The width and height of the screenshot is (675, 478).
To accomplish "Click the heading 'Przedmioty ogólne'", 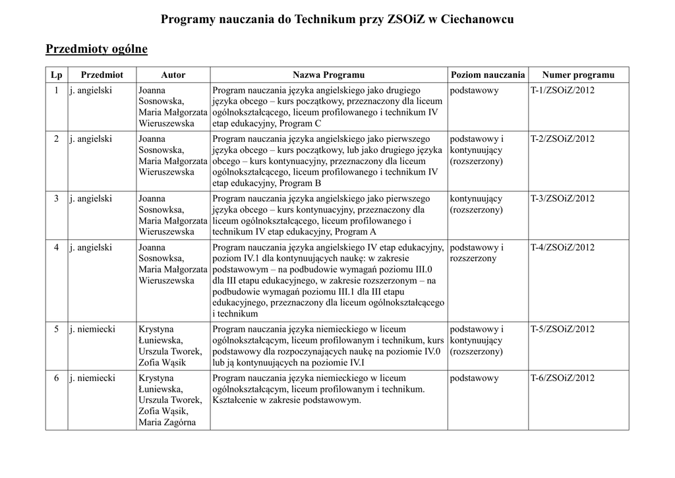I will click(x=96, y=49).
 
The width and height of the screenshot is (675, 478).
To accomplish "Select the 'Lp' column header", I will click(x=57, y=75).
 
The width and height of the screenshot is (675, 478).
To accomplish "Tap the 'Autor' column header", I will click(x=173, y=75).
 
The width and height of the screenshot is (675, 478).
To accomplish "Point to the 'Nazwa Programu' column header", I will click(x=328, y=75).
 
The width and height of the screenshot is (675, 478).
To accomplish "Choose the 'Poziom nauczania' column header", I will click(x=487, y=75).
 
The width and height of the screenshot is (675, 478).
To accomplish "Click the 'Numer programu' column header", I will click(x=578, y=75).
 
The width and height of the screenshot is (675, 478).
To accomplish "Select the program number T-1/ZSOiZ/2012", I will click(x=562, y=90).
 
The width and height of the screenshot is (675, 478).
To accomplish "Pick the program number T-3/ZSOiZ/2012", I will click(x=562, y=198).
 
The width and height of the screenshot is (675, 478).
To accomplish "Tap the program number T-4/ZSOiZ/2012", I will click(x=562, y=247).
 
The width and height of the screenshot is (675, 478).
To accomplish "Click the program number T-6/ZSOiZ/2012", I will click(x=562, y=378).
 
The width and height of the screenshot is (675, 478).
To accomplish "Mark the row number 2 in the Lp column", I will click(x=57, y=139).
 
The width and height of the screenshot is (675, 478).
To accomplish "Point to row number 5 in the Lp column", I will click(x=57, y=329).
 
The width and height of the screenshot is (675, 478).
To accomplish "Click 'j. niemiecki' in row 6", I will click(x=92, y=378).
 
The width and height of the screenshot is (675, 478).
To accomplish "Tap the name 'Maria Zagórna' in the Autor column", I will click(x=167, y=423).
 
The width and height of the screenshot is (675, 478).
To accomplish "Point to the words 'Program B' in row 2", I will click(x=300, y=183).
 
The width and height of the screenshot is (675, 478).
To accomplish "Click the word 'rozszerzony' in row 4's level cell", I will click(x=473, y=259).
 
